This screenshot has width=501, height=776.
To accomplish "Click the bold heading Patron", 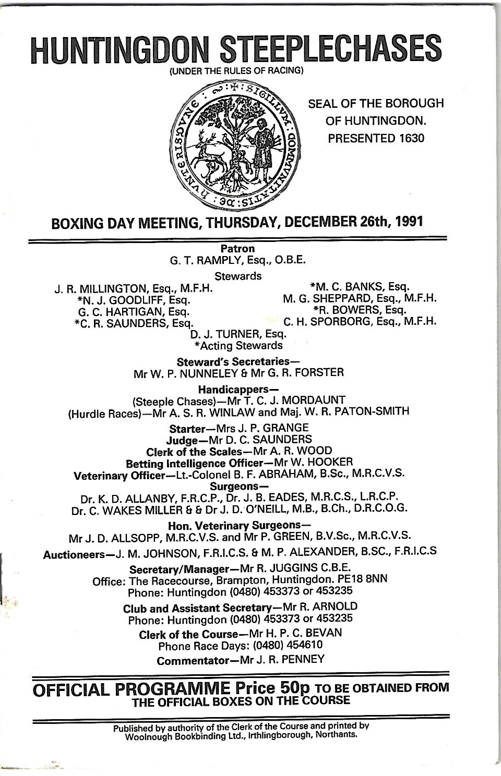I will [237, 249].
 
